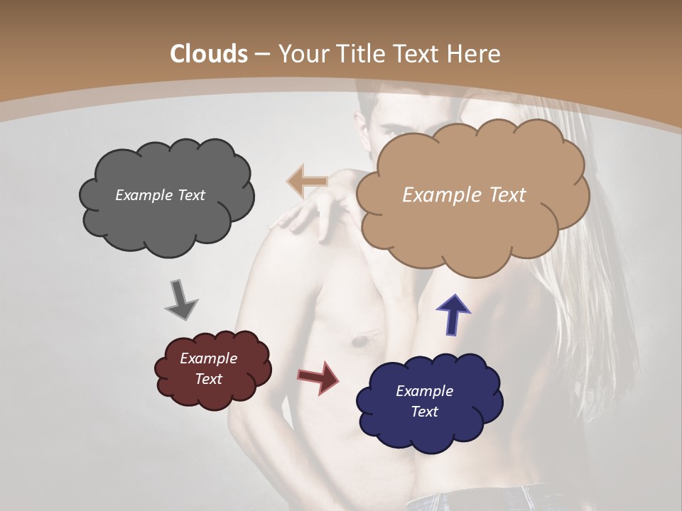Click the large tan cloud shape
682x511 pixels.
click(472, 227)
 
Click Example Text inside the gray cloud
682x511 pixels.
click(160, 195)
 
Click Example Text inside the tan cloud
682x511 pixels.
click(464, 195)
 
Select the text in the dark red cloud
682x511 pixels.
click(208, 368)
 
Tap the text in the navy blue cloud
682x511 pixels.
click(424, 401)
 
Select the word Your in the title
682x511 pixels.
click(298, 54)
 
